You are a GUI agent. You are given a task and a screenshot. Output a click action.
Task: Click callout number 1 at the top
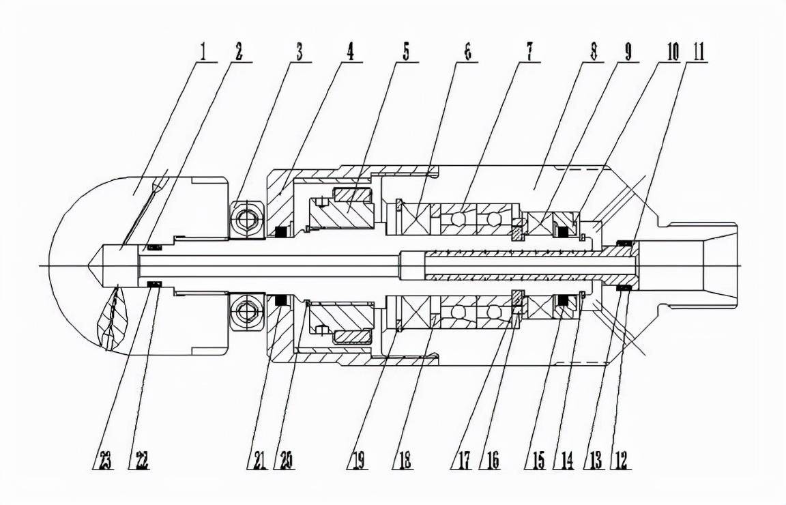coord(203,53)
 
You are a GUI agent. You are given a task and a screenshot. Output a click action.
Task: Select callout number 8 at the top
coord(594,53)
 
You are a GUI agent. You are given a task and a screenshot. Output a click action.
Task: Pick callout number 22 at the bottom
coord(138,461)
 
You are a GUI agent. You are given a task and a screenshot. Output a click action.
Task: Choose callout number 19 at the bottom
coord(357,461)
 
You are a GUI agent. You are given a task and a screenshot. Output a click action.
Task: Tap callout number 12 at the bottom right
coord(621,461)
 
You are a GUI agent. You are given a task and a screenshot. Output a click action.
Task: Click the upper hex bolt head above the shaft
coord(247,218)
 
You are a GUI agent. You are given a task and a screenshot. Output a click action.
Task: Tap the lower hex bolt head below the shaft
coord(247,313)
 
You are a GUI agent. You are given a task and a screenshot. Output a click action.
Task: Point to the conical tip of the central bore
coord(96,265)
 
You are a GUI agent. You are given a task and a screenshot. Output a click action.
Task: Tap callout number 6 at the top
coord(468,53)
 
